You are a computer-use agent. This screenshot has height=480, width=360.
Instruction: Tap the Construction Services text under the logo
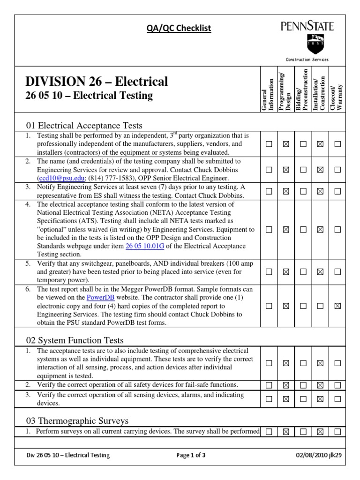point(307,60)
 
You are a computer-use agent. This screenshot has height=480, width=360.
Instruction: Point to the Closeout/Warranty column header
point(337,97)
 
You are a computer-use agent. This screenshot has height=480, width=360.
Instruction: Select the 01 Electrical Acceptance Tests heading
point(84,125)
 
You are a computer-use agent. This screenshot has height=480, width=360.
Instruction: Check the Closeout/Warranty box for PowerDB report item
point(337,306)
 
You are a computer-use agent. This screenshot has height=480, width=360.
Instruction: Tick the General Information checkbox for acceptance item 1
point(269,144)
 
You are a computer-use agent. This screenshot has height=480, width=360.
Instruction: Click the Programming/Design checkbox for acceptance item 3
point(285,191)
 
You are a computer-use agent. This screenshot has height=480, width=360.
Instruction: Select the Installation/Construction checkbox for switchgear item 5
point(320,272)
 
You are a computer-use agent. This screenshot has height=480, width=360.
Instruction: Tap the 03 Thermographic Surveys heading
point(76,420)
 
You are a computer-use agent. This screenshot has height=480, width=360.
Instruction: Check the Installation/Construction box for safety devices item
point(320,385)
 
